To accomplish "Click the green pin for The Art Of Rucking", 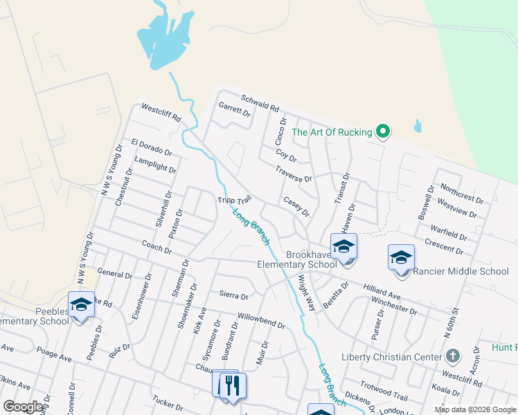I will tap(382, 131).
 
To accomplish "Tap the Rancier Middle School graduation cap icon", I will tap(401, 258).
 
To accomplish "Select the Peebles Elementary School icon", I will tap(81, 304).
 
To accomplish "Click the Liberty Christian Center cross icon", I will tap(453, 357).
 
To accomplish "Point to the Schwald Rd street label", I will tap(260, 104).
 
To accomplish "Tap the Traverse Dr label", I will tap(294, 174).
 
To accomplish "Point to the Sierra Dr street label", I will tap(233, 295).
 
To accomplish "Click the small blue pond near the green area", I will tap(418, 126).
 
